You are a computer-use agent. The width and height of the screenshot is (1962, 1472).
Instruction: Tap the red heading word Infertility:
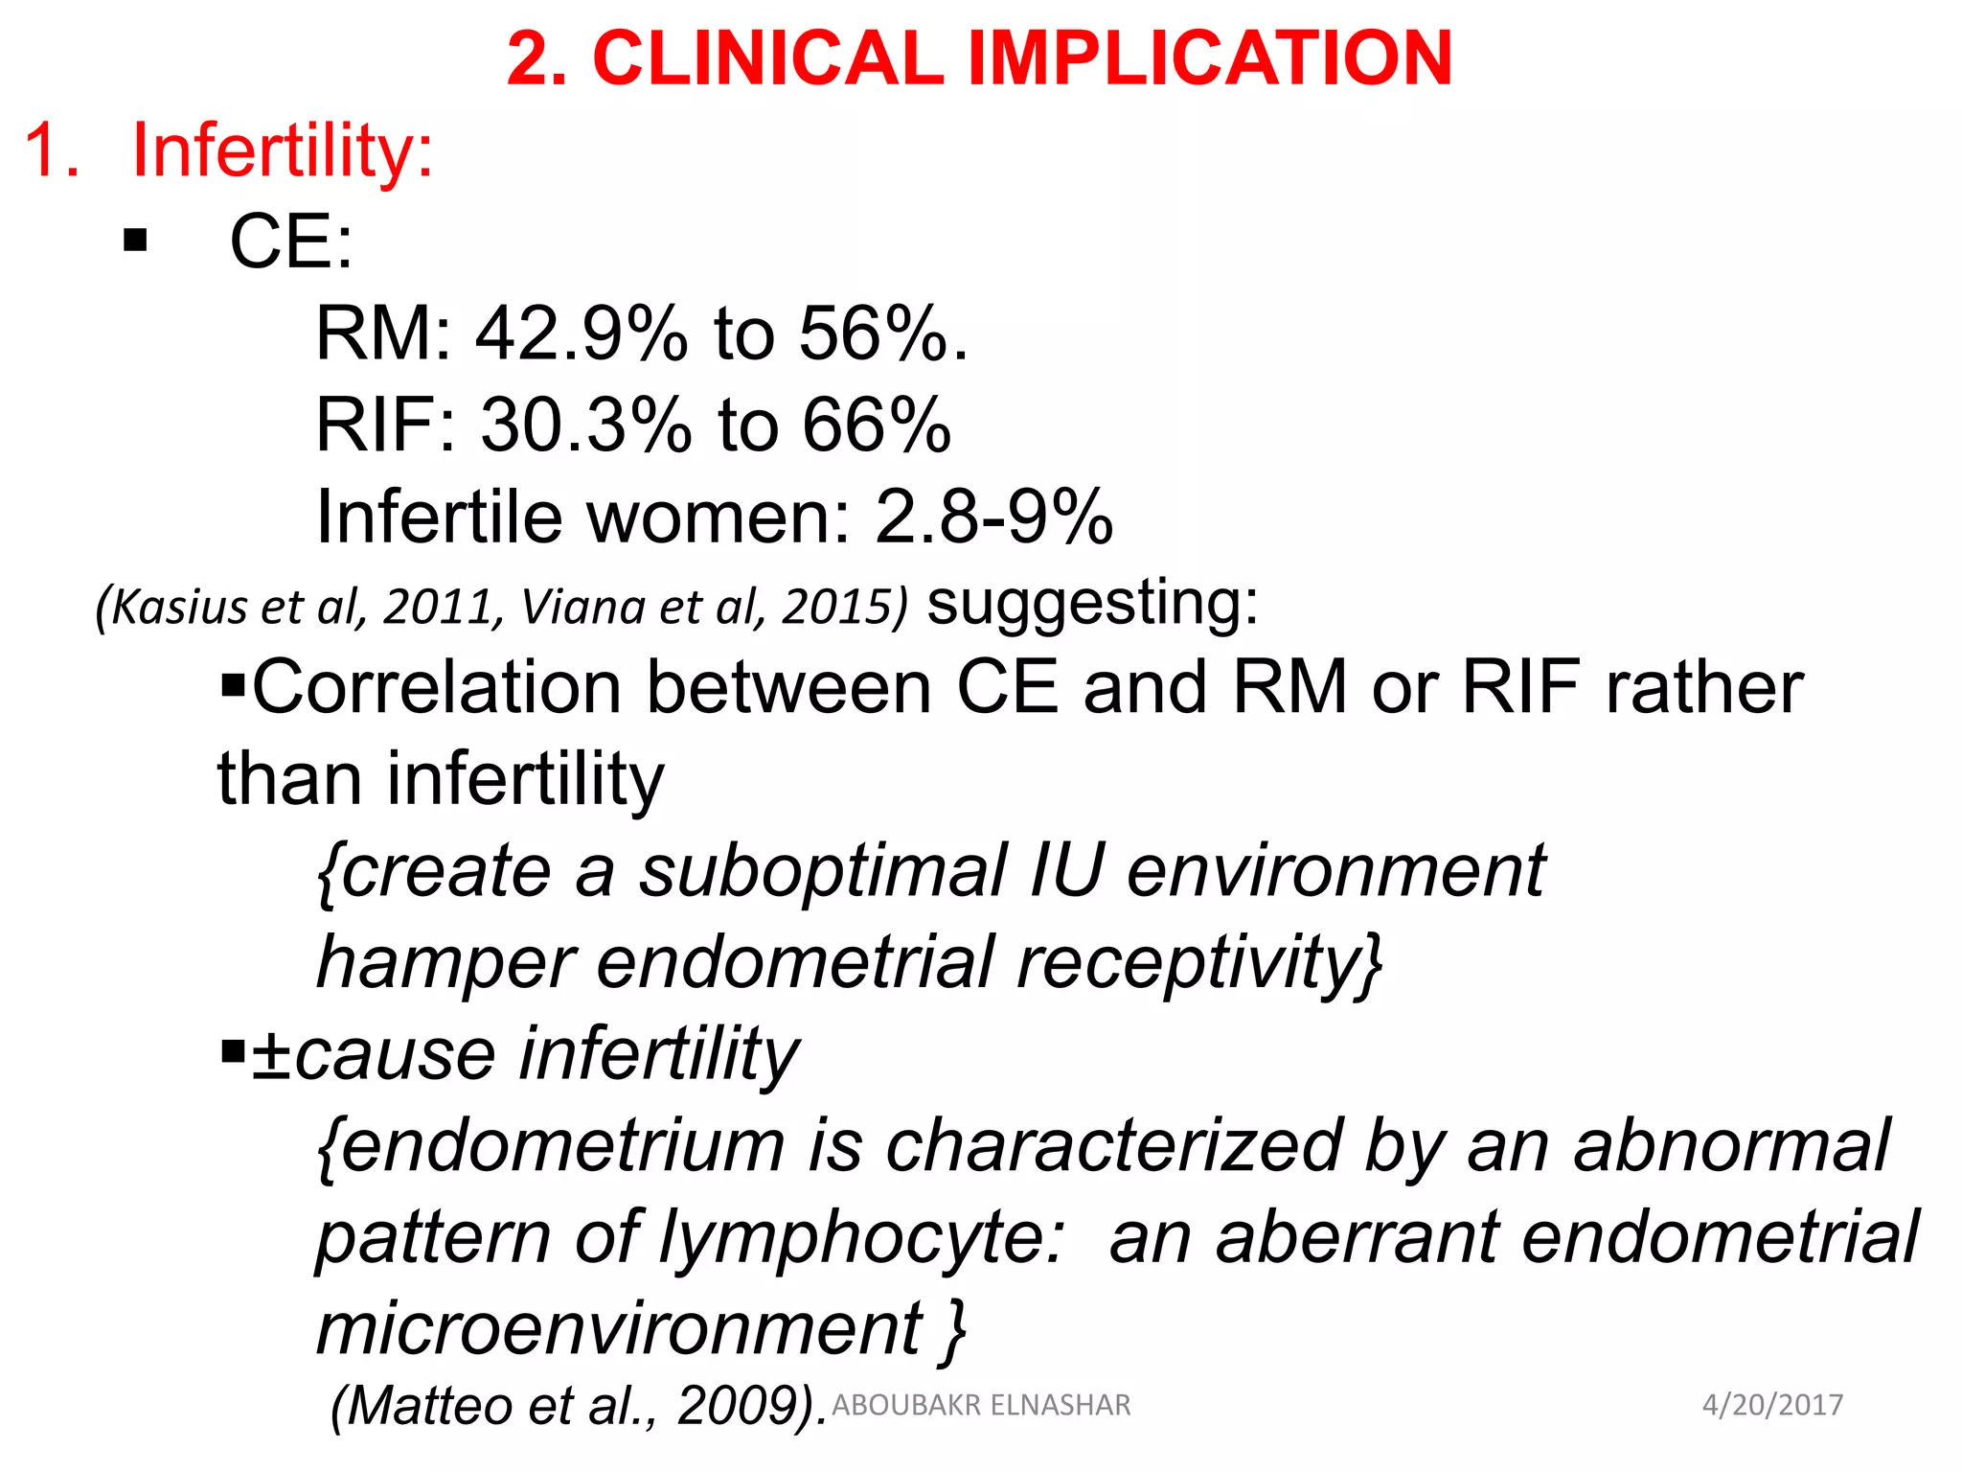pos(283,151)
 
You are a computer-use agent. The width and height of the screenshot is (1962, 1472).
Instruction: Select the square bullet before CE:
pos(135,240)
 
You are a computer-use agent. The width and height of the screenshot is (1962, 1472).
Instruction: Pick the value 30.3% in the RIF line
pos(585,425)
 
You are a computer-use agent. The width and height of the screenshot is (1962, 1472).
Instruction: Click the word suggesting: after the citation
pos(1092,604)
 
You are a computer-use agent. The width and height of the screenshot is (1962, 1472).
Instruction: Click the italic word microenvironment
pos(619,1329)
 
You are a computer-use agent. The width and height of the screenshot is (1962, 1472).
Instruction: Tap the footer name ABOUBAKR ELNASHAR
pos(981,1405)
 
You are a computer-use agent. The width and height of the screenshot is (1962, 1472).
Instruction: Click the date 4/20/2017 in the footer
pos(1771,1405)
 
